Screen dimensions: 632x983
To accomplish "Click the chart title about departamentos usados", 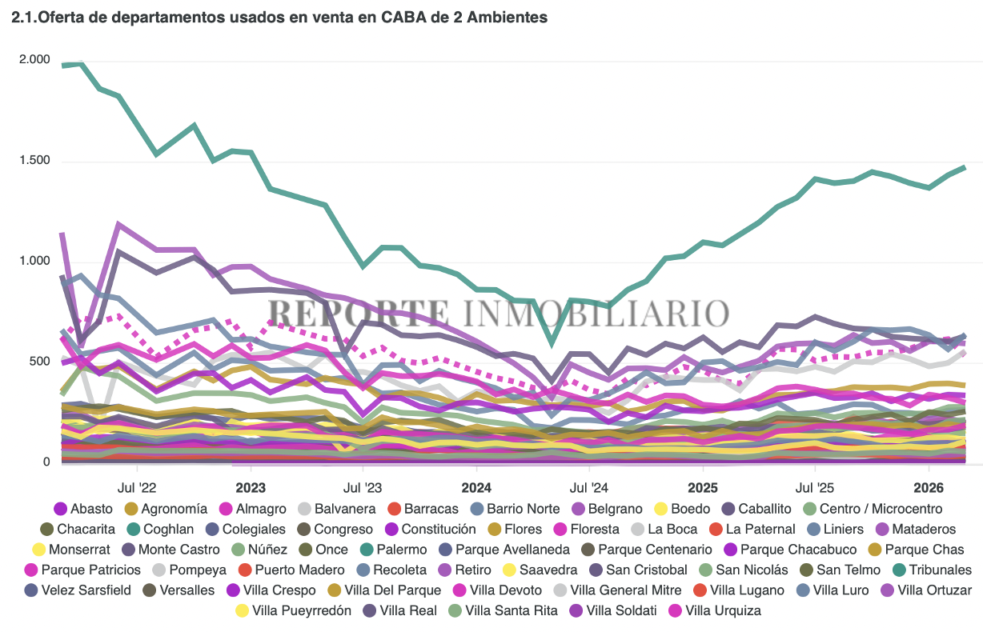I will point(279,17).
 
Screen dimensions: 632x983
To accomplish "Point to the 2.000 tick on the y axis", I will point(34,60).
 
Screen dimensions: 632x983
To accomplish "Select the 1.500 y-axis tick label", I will point(34,161).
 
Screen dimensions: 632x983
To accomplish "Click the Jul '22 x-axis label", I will point(137,487).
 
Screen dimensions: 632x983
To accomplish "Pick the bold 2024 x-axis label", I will point(476,487).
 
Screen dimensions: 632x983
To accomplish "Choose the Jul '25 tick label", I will point(814,487).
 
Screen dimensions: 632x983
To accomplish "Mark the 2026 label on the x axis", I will point(928,487).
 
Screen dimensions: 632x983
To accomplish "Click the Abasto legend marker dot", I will point(60,509).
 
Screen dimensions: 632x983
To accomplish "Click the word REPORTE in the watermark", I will point(358,312).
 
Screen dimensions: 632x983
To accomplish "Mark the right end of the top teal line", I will point(965,167).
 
